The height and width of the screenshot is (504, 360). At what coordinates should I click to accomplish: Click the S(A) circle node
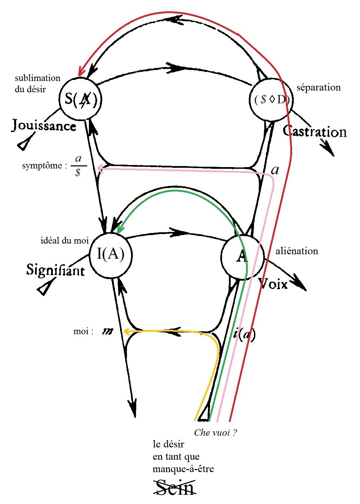[81, 99]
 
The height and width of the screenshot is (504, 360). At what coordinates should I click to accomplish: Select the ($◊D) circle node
[271, 99]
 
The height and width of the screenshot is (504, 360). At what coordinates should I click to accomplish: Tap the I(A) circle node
[111, 254]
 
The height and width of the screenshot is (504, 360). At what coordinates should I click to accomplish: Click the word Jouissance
[44, 126]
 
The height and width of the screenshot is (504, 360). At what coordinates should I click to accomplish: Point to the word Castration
[315, 132]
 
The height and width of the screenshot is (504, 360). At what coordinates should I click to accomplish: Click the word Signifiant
[55, 270]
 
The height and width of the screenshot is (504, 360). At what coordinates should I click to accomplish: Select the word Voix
[273, 283]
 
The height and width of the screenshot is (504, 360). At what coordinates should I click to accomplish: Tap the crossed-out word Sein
[174, 488]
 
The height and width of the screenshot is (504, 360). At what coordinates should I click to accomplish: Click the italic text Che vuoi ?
[216, 433]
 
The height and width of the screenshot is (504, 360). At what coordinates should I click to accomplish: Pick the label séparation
[318, 87]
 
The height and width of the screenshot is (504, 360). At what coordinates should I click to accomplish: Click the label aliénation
[297, 251]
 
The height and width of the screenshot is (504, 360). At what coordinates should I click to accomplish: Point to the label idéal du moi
[65, 241]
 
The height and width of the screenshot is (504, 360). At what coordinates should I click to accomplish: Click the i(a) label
[244, 333]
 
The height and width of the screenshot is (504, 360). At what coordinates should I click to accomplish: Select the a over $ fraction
[78, 165]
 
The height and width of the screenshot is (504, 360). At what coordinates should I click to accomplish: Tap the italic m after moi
[108, 331]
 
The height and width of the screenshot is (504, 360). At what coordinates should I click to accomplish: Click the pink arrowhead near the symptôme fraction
[100, 168]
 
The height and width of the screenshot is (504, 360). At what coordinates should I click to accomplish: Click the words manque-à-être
[183, 469]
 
